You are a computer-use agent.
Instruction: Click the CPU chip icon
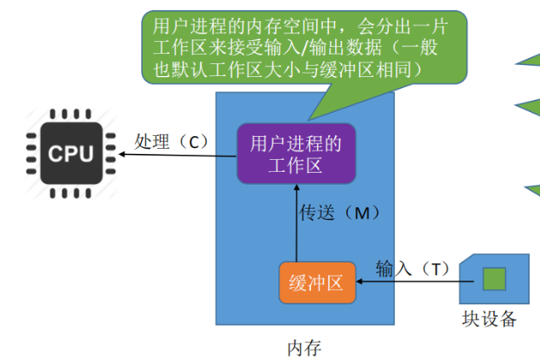click(x=70, y=154)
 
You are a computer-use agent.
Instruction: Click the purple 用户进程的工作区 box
click(x=296, y=154)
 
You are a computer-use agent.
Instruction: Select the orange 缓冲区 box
click(x=317, y=283)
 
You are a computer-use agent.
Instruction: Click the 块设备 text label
click(x=490, y=319)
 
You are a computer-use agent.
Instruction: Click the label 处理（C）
click(x=172, y=141)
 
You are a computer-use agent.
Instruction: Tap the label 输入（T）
click(x=412, y=269)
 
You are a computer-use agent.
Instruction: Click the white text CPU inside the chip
click(x=70, y=154)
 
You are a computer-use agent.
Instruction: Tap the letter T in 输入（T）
click(x=434, y=269)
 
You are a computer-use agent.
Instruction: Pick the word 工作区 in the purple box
click(x=296, y=164)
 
